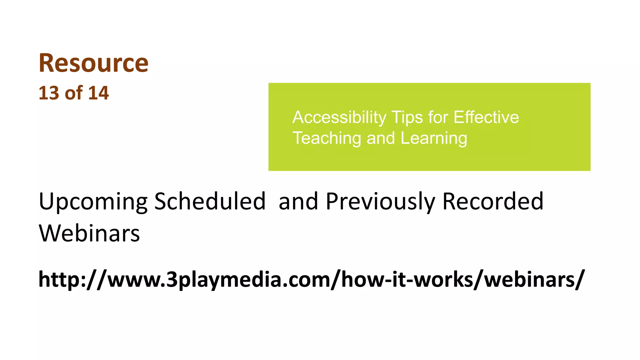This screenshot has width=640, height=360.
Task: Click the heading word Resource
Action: (93, 63)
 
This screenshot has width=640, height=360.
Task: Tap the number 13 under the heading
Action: (49, 93)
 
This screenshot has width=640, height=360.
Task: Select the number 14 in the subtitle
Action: (98, 93)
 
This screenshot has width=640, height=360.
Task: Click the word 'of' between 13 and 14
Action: (73, 93)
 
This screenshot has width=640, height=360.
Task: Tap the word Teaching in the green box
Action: (327, 138)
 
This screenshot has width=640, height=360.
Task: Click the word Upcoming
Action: (93, 202)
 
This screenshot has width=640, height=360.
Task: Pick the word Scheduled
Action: (210, 202)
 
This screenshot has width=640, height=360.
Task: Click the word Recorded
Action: (493, 202)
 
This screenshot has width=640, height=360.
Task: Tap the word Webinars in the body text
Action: (89, 233)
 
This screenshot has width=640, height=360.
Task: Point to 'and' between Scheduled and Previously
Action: (298, 202)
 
